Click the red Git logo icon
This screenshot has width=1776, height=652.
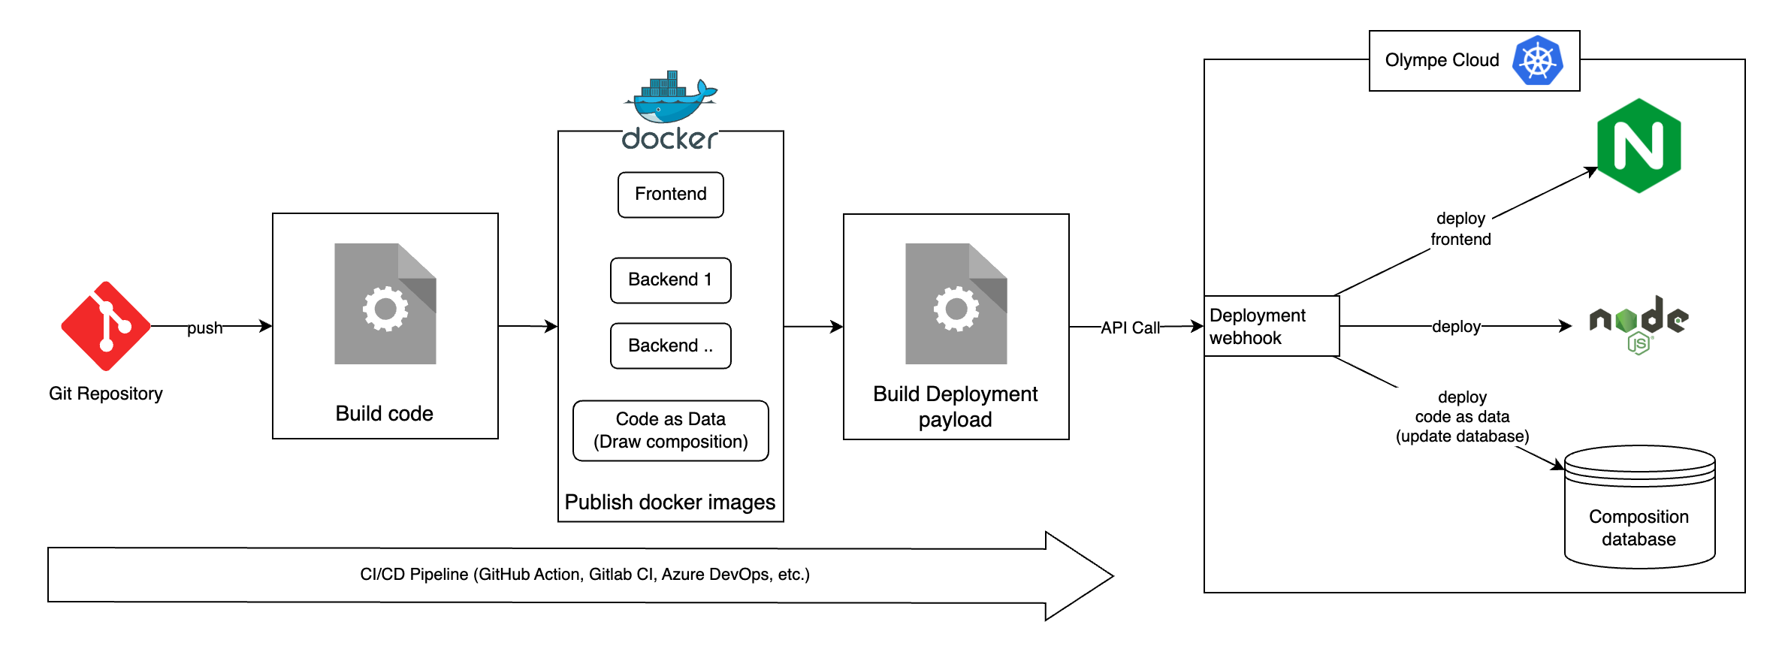click(106, 326)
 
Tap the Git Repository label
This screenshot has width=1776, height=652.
click(106, 394)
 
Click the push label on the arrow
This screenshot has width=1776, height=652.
click(204, 328)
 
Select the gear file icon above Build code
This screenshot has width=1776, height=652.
click(385, 303)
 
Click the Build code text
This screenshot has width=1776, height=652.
click(384, 413)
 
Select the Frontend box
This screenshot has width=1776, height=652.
click(670, 195)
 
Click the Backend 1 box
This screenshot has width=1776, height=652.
click(670, 280)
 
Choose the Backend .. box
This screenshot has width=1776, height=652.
click(670, 346)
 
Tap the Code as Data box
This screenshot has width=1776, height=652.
click(670, 430)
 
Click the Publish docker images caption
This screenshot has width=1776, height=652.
click(669, 502)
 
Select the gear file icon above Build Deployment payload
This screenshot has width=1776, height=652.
click(956, 303)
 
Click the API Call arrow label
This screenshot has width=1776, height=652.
click(1130, 328)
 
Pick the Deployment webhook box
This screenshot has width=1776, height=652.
click(1271, 326)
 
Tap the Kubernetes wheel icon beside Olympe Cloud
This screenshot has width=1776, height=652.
click(1538, 61)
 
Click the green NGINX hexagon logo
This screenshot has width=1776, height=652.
click(1639, 146)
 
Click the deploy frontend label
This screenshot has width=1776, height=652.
click(1460, 228)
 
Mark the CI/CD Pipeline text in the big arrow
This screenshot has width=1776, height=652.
click(584, 575)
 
